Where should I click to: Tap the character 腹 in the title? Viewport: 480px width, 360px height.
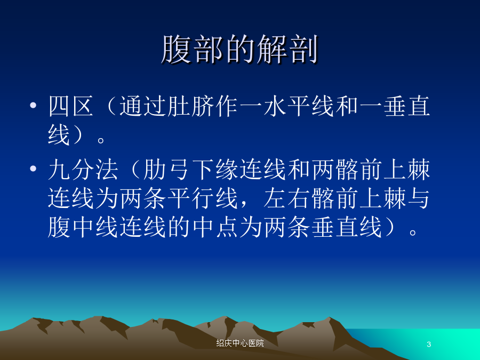pos(177,49)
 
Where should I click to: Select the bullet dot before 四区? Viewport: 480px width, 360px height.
pos(33,106)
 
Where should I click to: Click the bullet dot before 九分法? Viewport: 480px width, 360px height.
pos(33,169)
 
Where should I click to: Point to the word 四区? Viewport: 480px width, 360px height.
pos(71,106)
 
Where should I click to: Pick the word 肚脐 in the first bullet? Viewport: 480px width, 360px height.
pos(179,106)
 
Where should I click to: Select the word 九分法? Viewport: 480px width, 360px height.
pos(83,169)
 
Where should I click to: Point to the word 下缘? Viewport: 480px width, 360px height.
pos(215,169)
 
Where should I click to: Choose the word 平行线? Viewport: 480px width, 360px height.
pos(203,198)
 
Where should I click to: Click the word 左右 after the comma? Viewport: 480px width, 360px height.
pos(286,198)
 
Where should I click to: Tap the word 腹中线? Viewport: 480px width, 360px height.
pos(83,227)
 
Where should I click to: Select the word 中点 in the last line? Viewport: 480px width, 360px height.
pos(215,227)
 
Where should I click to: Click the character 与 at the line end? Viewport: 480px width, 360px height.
pos(419,198)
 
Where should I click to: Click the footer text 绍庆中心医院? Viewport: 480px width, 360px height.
pos(240,343)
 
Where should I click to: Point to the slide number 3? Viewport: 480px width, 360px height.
pos(429,344)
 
